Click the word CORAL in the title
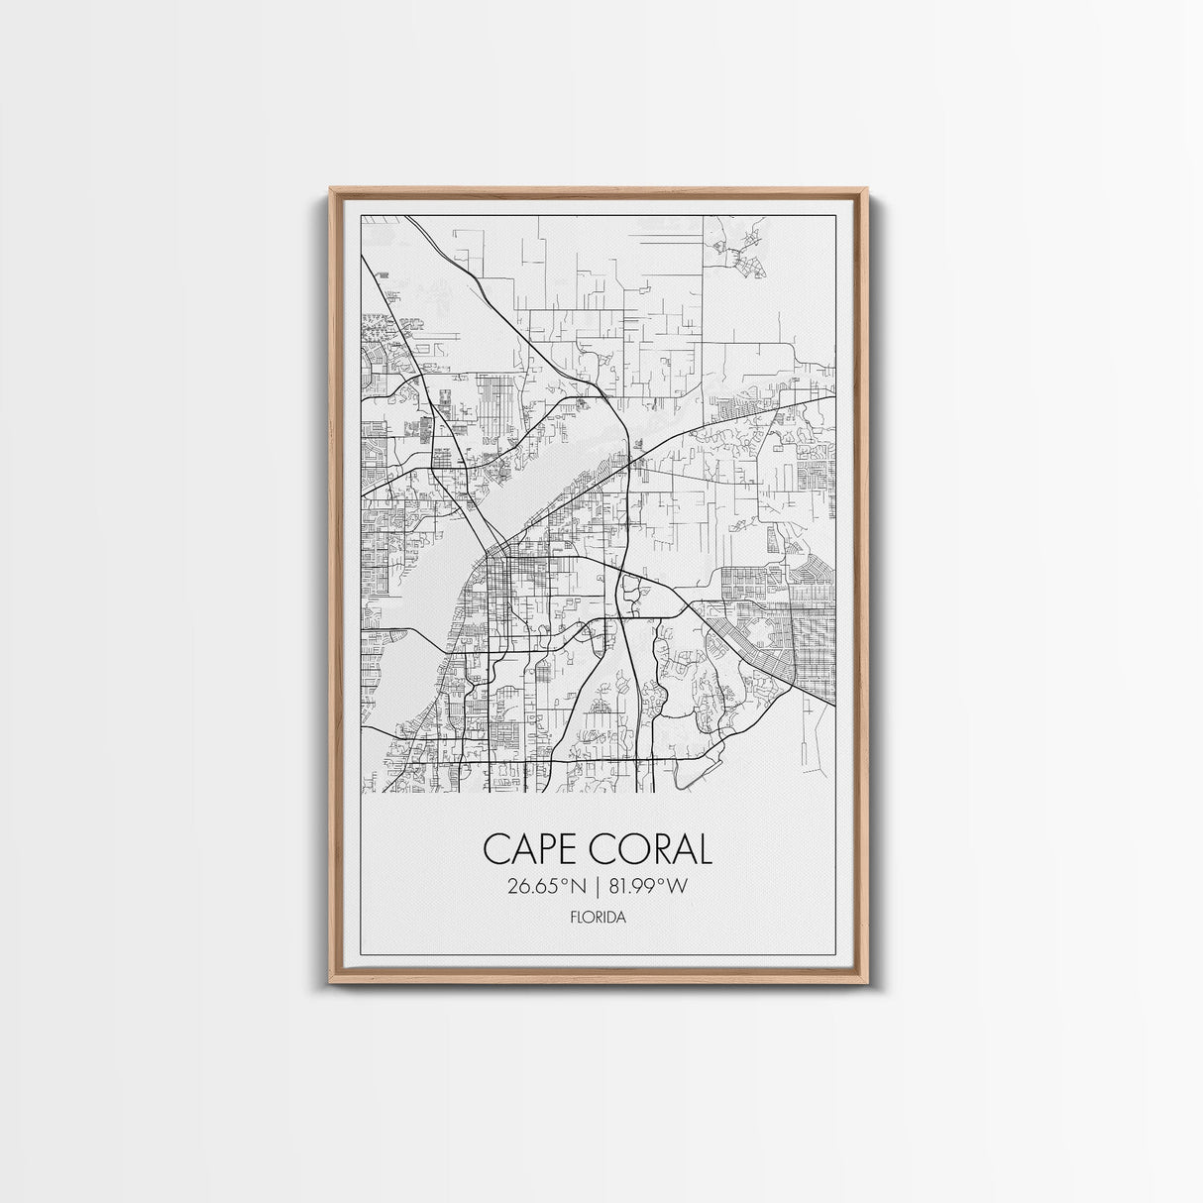tap(653, 849)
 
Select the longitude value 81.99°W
tap(647, 886)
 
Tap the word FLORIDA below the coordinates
tap(598, 918)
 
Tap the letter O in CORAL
tap(631, 849)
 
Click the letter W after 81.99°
tap(677, 886)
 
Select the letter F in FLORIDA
tap(573, 918)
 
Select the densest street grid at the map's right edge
tap(803, 634)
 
